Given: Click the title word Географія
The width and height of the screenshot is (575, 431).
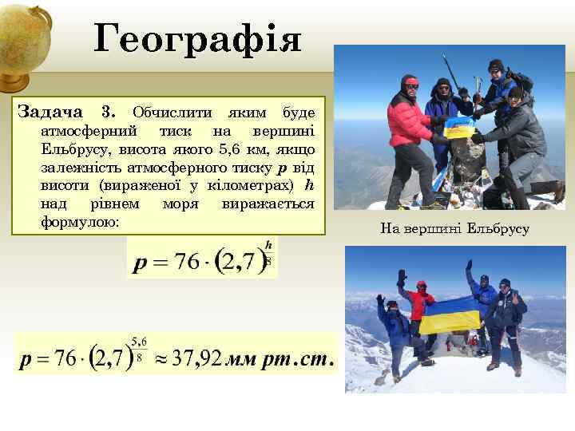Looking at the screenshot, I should tap(197, 38).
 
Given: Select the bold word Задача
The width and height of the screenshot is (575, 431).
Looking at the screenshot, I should tap(50, 111).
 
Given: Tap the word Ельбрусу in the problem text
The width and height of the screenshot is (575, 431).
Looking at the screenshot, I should tap(73, 149).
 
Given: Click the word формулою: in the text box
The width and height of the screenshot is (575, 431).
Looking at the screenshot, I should tap(79, 221).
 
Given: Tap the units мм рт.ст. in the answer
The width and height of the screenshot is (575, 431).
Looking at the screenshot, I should tap(279, 360).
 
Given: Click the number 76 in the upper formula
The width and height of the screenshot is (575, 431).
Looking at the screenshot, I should tap(188, 263).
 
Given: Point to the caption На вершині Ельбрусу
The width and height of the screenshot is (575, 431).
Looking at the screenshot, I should tap(454, 229).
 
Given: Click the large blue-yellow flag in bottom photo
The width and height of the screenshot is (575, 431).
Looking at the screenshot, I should tap(450, 315).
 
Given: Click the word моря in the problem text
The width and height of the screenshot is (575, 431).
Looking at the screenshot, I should tap(183, 204).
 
